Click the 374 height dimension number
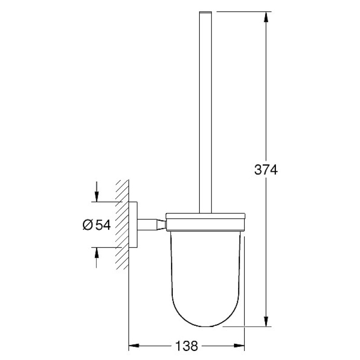pyautogui.click(x=266, y=170)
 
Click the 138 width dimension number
pyautogui.click(x=186, y=346)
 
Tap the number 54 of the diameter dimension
pyautogui.click(x=103, y=225)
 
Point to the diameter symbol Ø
pyautogui.click(x=87, y=225)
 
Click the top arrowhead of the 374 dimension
pyautogui.click(x=266, y=17)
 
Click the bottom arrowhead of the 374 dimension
pyautogui.click(x=266, y=321)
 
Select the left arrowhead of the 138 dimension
pyautogui.click(x=134, y=345)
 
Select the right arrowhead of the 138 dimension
pyautogui.click(x=239, y=345)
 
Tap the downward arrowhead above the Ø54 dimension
pyautogui.click(x=96, y=197)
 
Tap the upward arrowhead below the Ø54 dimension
pyautogui.click(x=96, y=253)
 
